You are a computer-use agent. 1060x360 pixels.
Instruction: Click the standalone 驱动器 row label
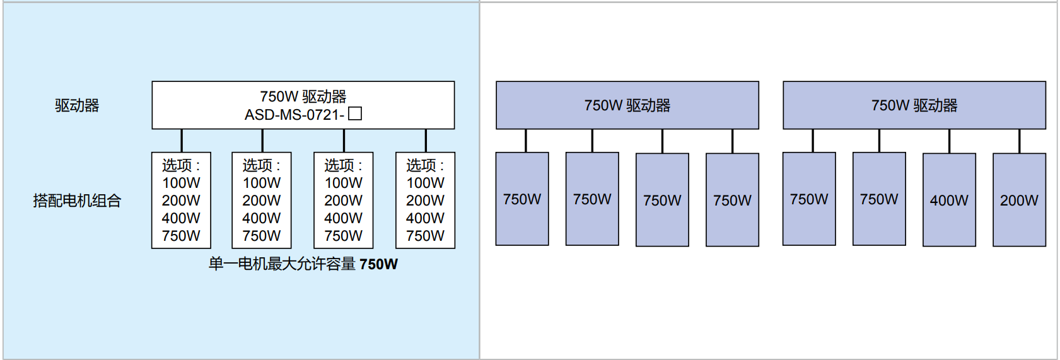(x=77, y=105)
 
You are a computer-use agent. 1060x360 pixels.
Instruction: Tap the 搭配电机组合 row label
(x=77, y=200)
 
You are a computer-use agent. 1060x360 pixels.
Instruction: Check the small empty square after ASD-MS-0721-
(x=355, y=113)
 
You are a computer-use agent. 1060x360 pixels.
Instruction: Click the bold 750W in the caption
(x=378, y=264)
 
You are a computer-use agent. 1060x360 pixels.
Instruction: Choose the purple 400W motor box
(x=949, y=200)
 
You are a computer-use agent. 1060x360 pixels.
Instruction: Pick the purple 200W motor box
(x=1019, y=200)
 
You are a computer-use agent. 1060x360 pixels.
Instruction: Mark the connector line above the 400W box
(x=949, y=141)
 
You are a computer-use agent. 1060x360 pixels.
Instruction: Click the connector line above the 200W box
(x=1019, y=141)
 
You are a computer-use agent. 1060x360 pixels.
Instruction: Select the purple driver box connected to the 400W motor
(x=914, y=105)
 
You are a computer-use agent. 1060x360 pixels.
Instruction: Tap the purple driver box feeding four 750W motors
(x=627, y=105)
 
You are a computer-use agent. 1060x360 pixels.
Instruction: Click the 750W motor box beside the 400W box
(x=879, y=199)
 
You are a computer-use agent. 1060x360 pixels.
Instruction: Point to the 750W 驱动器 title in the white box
(x=303, y=96)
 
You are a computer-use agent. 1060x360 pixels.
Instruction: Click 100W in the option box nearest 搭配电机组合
(x=181, y=183)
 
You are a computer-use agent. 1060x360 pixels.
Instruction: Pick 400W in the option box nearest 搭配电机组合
(x=181, y=218)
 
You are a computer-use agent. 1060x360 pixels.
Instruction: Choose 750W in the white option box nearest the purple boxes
(x=425, y=236)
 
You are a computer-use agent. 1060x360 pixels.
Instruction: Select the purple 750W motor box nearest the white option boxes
(x=522, y=199)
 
